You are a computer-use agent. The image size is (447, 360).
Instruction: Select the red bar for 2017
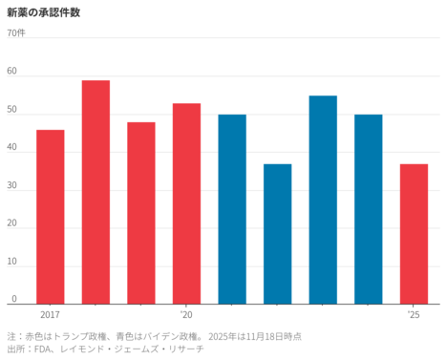[51, 217]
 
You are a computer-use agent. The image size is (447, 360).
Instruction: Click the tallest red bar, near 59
[96, 192]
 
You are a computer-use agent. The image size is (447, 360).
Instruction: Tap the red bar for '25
[414, 234]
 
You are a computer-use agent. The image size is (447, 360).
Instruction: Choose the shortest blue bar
[277, 234]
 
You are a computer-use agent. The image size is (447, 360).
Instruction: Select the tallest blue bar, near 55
[323, 200]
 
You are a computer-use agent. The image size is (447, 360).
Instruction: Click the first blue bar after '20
[232, 209]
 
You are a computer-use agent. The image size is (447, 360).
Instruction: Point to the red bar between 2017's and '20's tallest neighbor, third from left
[141, 213]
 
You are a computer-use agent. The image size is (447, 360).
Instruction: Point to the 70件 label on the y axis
[16, 33]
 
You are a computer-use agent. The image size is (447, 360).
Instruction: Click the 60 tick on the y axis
[11, 72]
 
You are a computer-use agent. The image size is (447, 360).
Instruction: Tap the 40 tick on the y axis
[11, 148]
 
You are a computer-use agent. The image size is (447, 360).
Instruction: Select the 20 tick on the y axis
[11, 224]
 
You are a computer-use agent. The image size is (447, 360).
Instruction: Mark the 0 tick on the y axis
[13, 300]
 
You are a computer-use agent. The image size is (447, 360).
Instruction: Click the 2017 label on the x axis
[50, 314]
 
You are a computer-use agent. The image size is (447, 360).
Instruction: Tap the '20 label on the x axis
[186, 314]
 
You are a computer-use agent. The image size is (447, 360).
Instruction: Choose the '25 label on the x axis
[414, 314]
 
